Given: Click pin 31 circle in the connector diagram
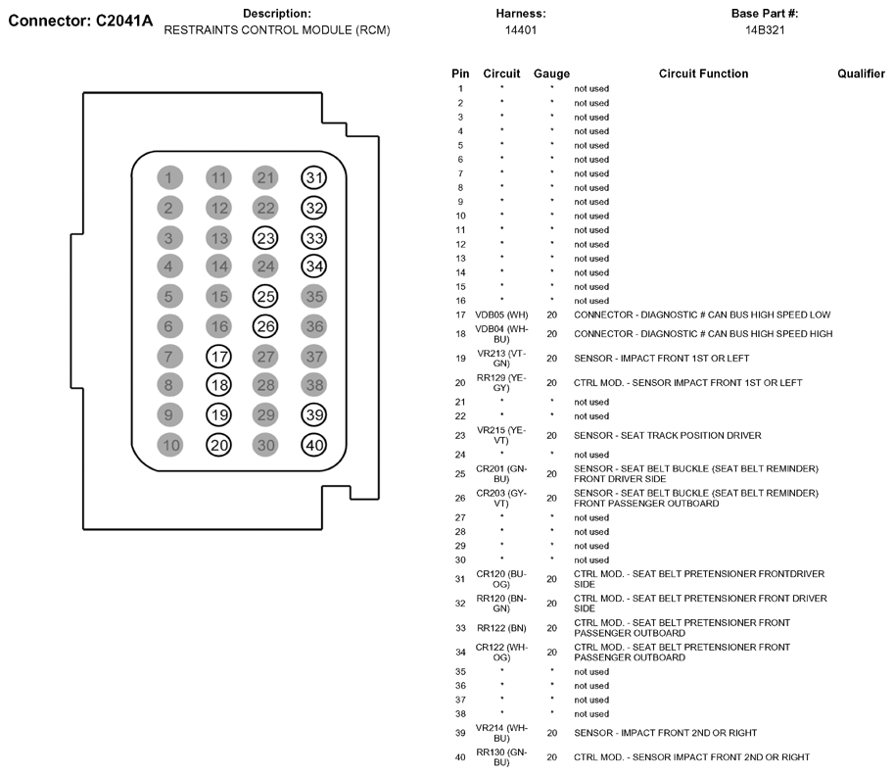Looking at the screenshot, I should tap(313, 177).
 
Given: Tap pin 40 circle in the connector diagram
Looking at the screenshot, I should tap(313, 445).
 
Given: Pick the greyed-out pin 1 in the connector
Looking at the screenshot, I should tap(169, 177).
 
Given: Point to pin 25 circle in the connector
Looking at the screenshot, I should tap(265, 296).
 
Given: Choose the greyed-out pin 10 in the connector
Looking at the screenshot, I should tap(169, 445).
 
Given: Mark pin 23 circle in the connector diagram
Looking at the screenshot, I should tap(265, 237).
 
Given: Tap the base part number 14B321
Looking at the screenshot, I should tap(765, 30).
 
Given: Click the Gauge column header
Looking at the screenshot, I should tap(551, 73).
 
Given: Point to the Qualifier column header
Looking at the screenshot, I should tap(861, 73).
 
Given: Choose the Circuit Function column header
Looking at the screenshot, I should tap(703, 73).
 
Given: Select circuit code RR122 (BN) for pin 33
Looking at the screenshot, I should tap(501, 627).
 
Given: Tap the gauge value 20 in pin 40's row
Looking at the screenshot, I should tap(551, 756).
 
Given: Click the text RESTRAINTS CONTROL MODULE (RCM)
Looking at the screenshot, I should tap(277, 30).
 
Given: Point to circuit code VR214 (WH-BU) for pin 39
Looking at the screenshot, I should tap(501, 732).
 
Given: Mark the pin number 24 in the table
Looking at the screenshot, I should tap(460, 455).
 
